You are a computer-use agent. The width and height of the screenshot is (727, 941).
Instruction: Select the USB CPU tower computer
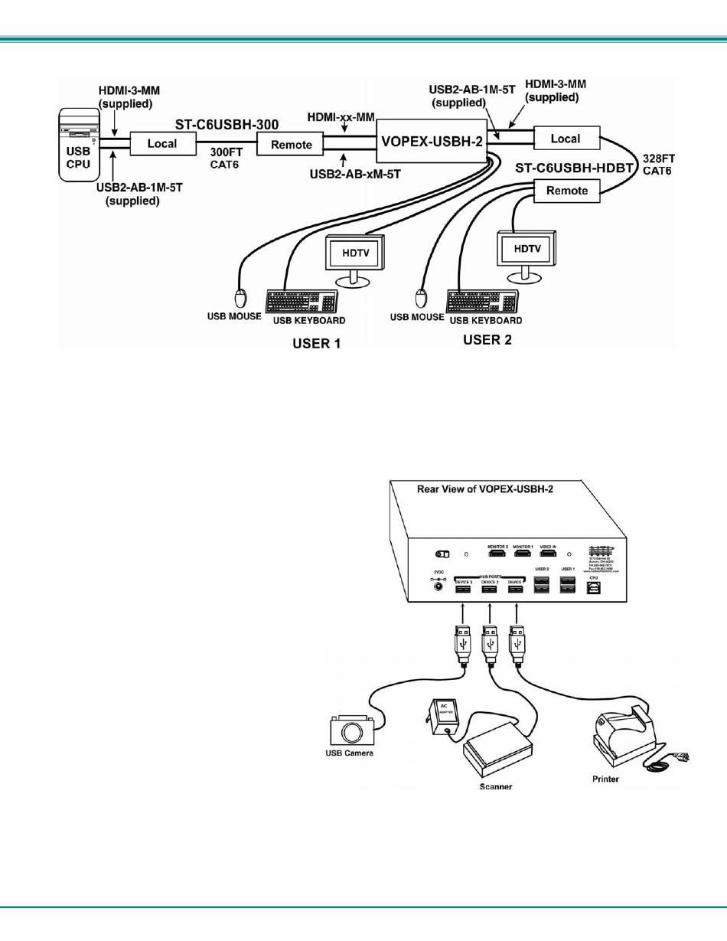click(79, 146)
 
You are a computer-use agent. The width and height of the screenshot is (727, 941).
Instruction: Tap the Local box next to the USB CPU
click(161, 143)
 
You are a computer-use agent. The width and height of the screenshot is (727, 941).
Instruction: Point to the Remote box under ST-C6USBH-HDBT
click(568, 191)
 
